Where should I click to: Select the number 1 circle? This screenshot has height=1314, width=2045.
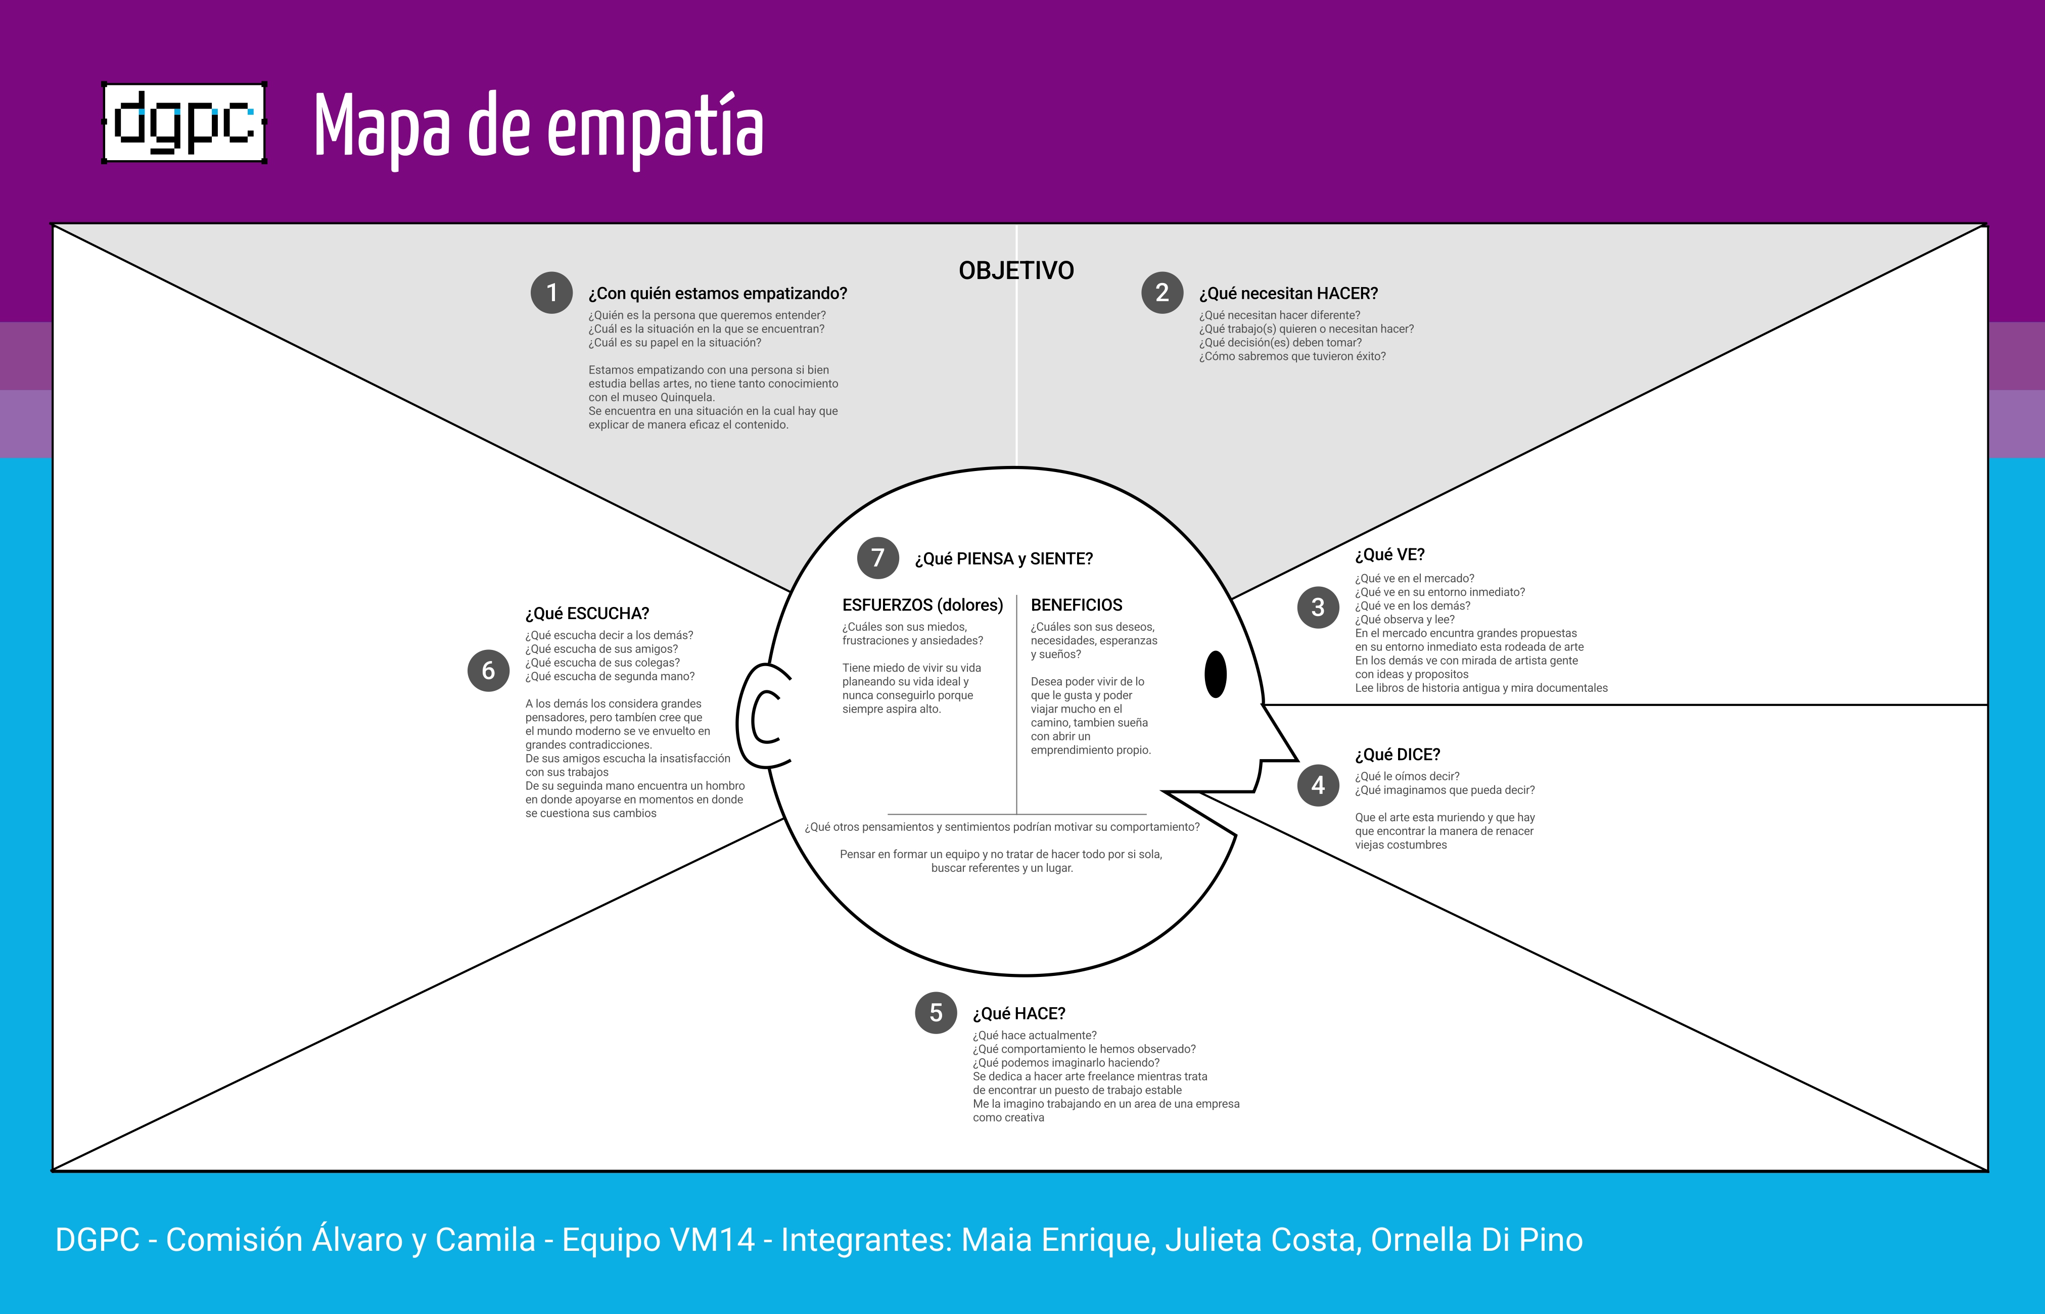[x=551, y=293]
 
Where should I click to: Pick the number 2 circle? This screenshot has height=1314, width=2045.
[x=1162, y=293]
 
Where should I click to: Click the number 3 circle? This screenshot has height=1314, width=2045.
[x=1318, y=607]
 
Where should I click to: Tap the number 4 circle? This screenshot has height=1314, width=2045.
[x=1318, y=785]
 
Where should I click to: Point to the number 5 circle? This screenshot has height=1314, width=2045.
[x=936, y=1013]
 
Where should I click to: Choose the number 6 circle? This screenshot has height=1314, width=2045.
[x=488, y=671]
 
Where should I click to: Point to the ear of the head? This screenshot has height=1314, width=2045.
[x=764, y=717]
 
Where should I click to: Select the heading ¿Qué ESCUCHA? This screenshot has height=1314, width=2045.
[x=587, y=614]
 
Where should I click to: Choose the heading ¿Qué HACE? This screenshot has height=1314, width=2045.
[x=1018, y=1014]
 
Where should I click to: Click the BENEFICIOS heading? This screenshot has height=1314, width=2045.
[x=1077, y=605]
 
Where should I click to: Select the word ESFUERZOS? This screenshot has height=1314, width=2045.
[x=887, y=605]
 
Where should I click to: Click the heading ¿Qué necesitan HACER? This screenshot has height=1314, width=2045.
[x=1288, y=294]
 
